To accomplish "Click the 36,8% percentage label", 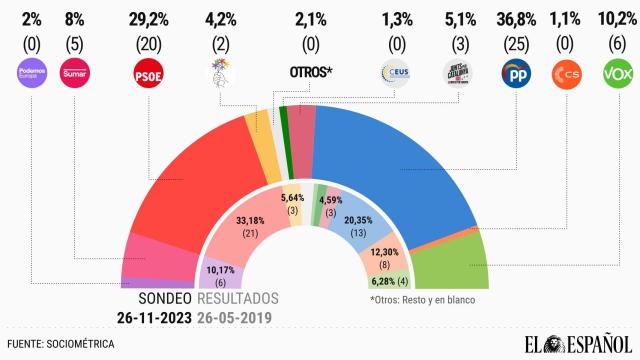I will coord(514,17).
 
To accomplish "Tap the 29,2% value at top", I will coord(148,17).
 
